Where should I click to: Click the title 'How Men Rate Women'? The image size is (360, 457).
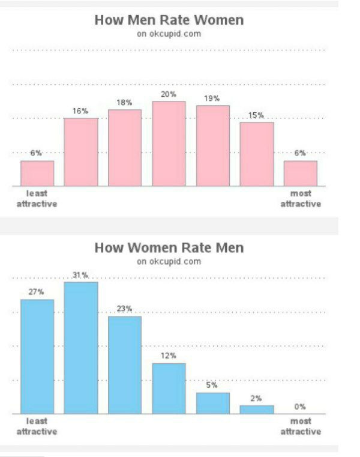tap(169, 20)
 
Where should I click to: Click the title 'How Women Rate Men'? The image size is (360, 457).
tap(169, 248)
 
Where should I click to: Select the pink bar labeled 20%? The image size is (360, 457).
tap(169, 144)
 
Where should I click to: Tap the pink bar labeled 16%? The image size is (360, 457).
tap(81, 152)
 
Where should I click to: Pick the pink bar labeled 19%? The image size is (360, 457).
tap(213, 146)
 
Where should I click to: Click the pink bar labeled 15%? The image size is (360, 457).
tap(257, 154)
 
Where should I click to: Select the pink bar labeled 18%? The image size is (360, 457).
tap(125, 148)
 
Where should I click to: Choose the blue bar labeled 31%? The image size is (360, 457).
tap(81, 348)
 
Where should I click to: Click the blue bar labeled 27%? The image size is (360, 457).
tap(37, 357)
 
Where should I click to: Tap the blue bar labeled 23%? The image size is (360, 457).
tap(125, 365)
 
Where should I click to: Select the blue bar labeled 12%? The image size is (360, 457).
tap(169, 389)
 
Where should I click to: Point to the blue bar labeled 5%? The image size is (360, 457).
tap(213, 404)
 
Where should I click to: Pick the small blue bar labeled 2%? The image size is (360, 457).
tap(257, 410)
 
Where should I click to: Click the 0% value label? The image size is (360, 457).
tap(300, 407)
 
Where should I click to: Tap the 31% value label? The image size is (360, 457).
tap(80, 275)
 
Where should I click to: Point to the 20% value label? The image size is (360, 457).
tap(169, 94)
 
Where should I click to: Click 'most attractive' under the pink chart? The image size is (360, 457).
tap(301, 199)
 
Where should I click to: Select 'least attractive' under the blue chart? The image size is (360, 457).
tap(37, 426)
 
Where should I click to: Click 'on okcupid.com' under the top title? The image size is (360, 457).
tap(169, 34)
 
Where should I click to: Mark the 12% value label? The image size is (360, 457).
tap(169, 356)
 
